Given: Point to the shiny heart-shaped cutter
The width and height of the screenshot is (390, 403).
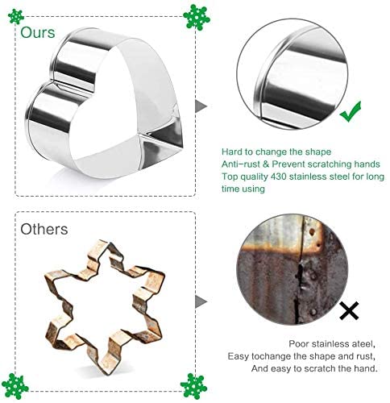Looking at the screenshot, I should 109,113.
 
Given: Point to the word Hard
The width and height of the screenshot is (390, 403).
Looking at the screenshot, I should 232,150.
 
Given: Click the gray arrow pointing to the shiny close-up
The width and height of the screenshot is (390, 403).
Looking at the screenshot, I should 201,106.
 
